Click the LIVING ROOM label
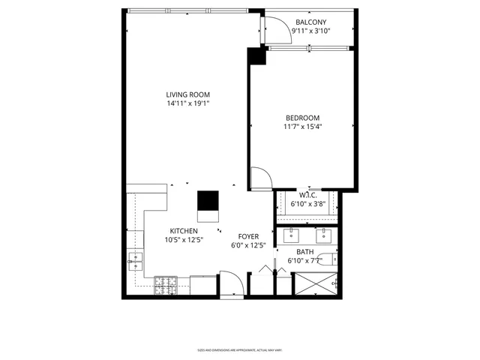[x=187, y=94]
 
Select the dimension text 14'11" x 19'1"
[x=187, y=103]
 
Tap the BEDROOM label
[x=302, y=118]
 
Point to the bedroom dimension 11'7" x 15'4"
[x=302, y=127]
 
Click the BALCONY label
[x=310, y=22]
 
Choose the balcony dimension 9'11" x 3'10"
[x=310, y=31]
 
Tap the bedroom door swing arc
[x=260, y=178]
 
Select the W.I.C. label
[x=308, y=195]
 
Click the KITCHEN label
[x=183, y=231]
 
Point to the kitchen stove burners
[x=165, y=284]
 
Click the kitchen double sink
[x=136, y=261]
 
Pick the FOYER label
[x=249, y=236]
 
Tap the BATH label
[x=305, y=252]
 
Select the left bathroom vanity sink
[x=290, y=235]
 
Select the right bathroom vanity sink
[x=324, y=235]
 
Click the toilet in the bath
[x=333, y=259]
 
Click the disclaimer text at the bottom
[x=239, y=349]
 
